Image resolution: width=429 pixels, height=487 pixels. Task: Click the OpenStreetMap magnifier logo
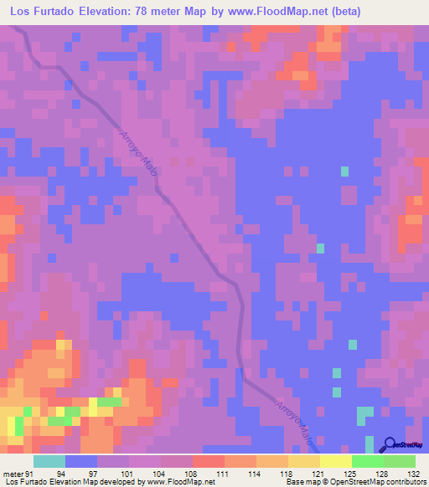[x=390, y=445]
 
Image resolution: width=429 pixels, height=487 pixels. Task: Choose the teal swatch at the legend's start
[x=49, y=461]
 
